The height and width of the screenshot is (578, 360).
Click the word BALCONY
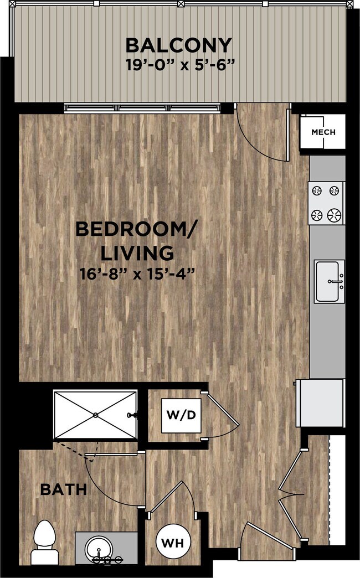179,45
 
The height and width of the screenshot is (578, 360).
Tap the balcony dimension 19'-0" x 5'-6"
180,65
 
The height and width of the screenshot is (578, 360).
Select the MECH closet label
323,132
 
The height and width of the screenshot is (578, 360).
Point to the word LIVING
137,253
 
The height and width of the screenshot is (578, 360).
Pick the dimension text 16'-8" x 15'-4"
137,274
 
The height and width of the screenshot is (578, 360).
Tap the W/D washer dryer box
181,415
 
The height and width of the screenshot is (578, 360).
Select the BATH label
64,489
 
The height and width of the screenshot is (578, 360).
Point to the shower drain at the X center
95,415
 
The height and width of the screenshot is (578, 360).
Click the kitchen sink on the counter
329,281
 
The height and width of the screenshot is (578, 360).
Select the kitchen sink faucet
336,282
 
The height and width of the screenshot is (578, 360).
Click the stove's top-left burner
316,190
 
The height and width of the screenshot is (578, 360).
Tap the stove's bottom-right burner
335,214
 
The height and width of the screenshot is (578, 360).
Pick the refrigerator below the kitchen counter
321,403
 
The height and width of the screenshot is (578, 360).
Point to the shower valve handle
132,415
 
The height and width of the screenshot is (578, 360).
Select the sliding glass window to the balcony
142,108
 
